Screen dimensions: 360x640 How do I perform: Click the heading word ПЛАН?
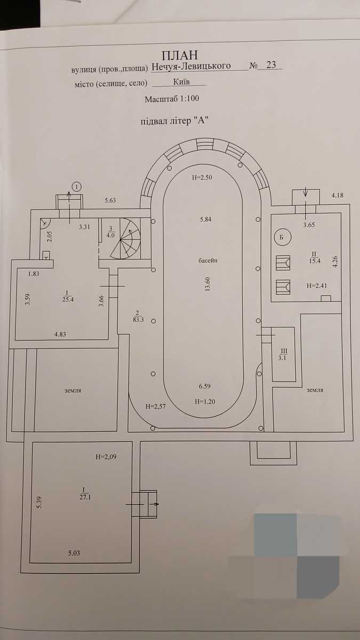coord(180,55)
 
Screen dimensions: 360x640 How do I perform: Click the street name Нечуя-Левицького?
coord(191,66)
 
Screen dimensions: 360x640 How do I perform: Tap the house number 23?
coord(270,65)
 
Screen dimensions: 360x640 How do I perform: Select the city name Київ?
coord(181,82)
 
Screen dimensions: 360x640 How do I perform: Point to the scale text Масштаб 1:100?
coord(172,99)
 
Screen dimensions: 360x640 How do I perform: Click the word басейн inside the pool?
coord(207,261)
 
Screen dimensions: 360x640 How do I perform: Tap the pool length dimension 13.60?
coord(207,284)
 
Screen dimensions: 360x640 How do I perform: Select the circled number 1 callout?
coord(77,187)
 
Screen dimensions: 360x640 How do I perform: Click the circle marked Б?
coord(282,237)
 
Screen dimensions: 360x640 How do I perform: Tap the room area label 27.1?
coord(85,497)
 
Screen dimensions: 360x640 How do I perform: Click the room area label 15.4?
coord(315,261)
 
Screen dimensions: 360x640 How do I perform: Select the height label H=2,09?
coord(106,457)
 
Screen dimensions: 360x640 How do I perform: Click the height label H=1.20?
coord(205,402)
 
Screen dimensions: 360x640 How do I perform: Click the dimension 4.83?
coord(60,334)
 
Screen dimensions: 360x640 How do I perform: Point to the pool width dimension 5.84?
coord(206,219)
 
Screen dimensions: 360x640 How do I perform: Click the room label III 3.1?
coord(283,354)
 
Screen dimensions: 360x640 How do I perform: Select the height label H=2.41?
coord(317,285)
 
